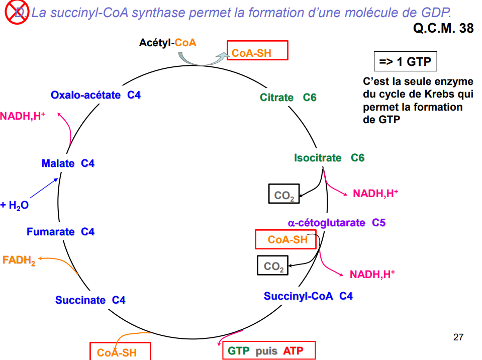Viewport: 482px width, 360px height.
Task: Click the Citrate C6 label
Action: click(288, 98)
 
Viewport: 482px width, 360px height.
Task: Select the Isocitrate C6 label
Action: click(329, 158)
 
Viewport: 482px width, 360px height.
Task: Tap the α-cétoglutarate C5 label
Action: click(336, 222)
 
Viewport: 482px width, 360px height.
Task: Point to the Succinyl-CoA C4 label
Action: click(308, 296)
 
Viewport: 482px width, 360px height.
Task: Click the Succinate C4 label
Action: click(90, 300)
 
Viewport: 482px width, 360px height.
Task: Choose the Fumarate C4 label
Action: click(60, 232)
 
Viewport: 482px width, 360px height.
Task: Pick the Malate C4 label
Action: click(68, 163)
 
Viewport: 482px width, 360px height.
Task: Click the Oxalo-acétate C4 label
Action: click(95, 95)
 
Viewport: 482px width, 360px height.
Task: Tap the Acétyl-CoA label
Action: click(167, 43)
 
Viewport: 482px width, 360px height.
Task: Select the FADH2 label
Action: click(19, 260)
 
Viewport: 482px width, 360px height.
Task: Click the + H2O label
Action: click(15, 205)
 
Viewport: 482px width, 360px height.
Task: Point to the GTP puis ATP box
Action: click(268, 350)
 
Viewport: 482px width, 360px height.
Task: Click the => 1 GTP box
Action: click(405, 62)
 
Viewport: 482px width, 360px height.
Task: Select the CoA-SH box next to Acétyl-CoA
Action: click(257, 51)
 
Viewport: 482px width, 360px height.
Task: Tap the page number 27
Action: click(458, 337)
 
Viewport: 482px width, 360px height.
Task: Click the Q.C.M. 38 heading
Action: click(443, 28)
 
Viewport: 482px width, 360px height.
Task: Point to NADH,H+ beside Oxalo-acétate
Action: click(23, 116)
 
